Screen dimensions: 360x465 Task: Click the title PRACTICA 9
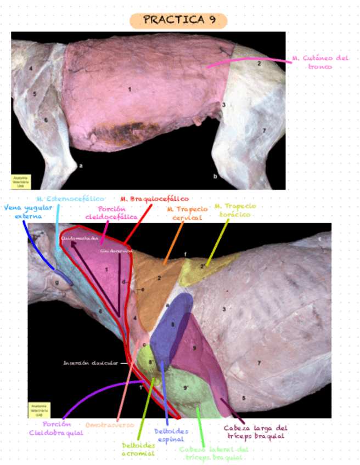click(x=178, y=21)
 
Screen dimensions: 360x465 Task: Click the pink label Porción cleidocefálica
click(x=111, y=213)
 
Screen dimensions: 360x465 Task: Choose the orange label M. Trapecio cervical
click(x=187, y=213)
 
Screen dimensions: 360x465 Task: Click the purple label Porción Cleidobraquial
click(x=56, y=428)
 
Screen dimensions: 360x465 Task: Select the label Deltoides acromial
click(x=138, y=450)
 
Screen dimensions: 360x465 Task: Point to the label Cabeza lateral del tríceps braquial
click(x=211, y=453)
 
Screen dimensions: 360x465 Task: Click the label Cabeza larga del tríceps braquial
click(x=255, y=432)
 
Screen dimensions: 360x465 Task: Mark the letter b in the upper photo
click(x=215, y=177)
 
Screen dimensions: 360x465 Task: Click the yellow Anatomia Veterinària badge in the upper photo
click(x=20, y=182)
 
